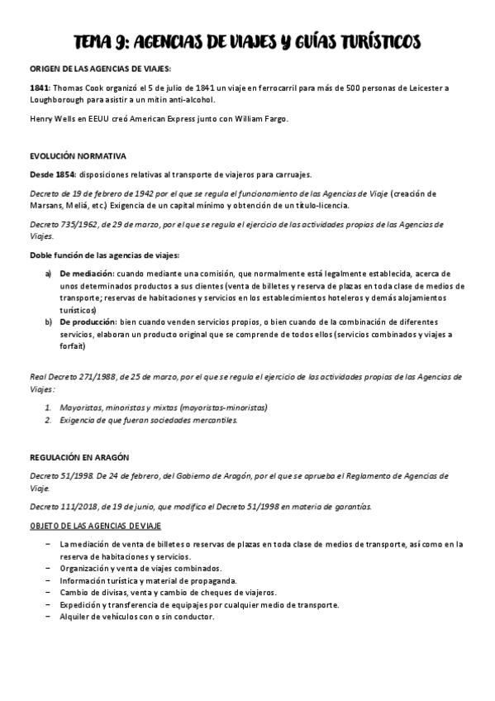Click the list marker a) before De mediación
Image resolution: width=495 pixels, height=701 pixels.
48,273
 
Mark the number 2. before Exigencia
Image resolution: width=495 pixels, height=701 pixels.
49,420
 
